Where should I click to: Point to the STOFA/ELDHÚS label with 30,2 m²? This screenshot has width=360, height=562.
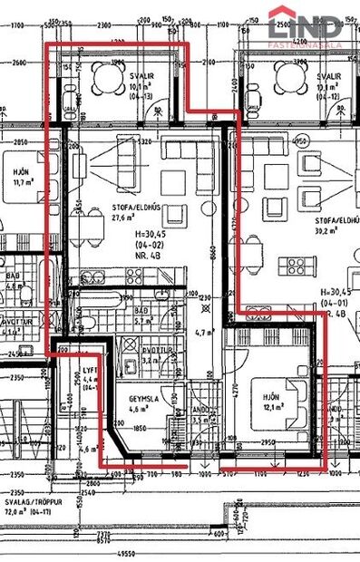tap(336, 220)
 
